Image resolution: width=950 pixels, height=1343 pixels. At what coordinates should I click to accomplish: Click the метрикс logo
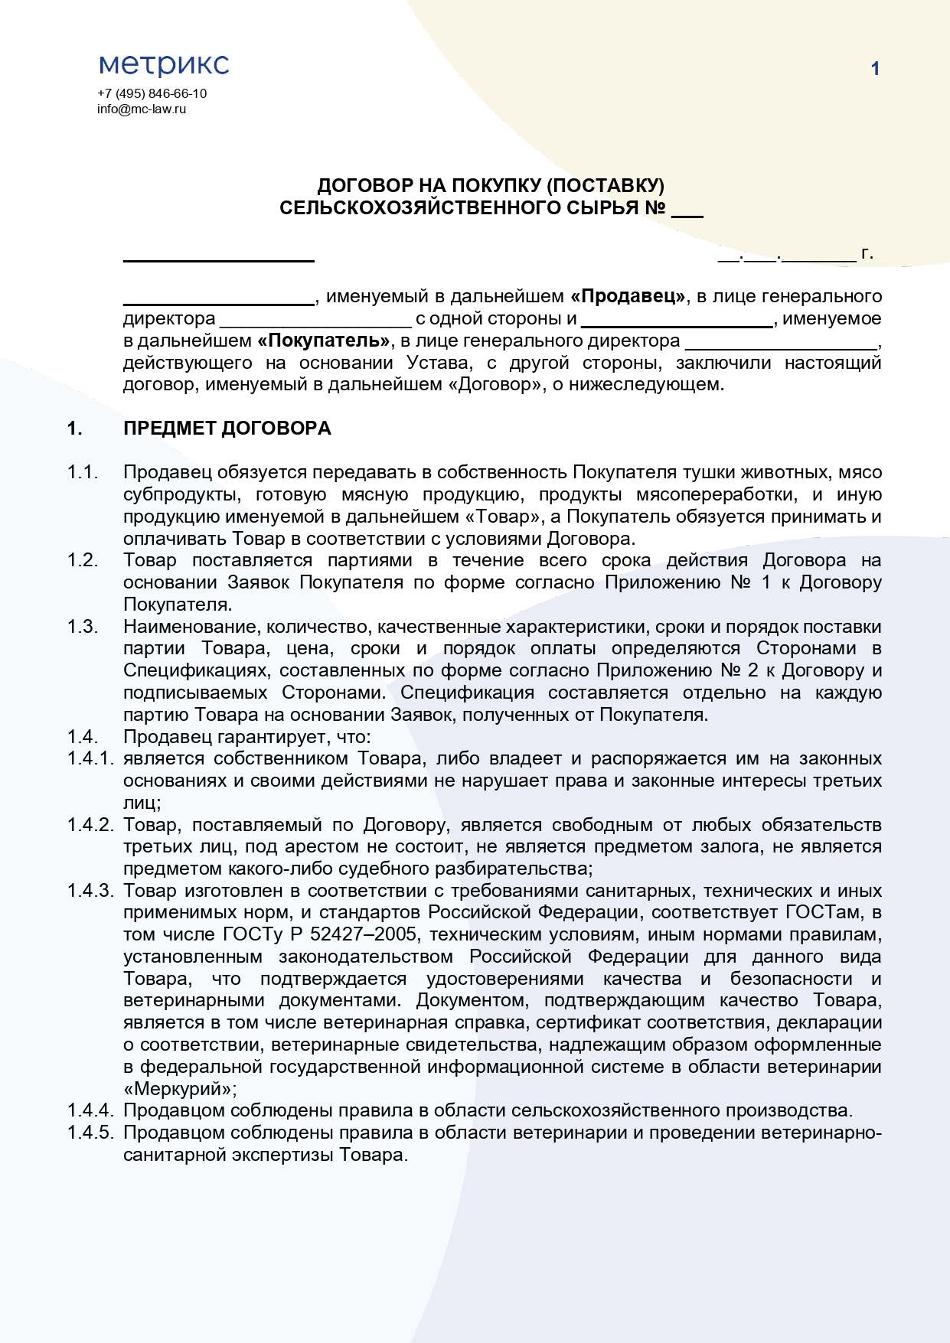(x=164, y=66)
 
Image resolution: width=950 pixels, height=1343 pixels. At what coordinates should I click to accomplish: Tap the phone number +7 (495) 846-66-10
(x=152, y=93)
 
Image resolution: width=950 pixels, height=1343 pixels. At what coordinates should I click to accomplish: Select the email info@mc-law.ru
(x=142, y=109)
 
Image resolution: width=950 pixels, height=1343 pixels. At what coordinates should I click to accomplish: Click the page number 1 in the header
(x=875, y=69)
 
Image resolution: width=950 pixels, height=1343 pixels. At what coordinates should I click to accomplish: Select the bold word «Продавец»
(x=628, y=296)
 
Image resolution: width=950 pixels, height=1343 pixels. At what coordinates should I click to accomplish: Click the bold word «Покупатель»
(x=324, y=341)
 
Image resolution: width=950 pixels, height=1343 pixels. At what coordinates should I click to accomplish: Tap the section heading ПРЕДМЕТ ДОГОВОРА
(x=227, y=429)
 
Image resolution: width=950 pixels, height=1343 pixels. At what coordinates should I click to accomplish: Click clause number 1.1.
(x=83, y=472)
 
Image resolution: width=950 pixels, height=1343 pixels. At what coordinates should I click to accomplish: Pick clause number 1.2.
(x=83, y=560)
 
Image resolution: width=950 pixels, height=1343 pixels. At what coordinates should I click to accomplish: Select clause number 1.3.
(x=83, y=627)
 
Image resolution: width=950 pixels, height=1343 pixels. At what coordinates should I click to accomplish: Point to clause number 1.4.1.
(x=90, y=758)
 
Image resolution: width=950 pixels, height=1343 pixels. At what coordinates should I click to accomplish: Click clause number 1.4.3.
(x=90, y=891)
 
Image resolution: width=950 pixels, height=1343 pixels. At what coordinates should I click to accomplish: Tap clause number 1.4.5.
(x=90, y=1133)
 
